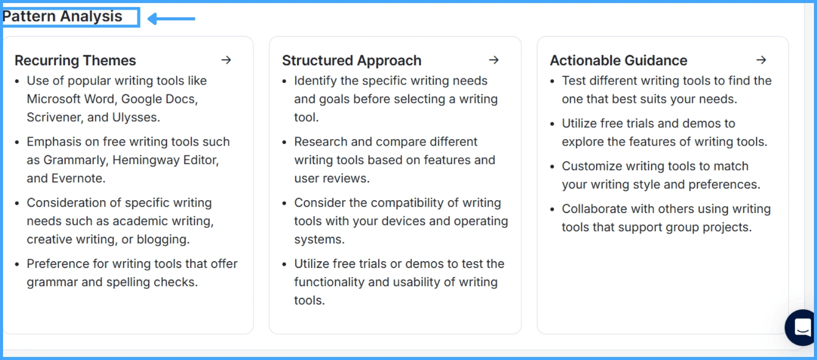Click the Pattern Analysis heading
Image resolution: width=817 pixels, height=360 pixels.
(63, 16)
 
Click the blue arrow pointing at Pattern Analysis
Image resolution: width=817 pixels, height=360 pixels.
(171, 19)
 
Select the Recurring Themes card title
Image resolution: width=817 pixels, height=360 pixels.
(75, 61)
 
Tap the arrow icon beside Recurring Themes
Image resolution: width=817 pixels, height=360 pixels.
(227, 60)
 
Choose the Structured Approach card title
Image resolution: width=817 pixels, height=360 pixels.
(352, 61)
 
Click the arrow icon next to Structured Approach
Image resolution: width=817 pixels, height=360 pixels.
(494, 60)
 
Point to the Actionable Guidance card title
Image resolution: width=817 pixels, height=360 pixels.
(618, 61)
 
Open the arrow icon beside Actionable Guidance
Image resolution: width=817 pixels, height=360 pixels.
(761, 60)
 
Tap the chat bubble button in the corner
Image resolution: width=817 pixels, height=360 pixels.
(802, 327)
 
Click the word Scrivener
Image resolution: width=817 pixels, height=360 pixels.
(55, 118)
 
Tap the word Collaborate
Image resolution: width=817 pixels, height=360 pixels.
(594, 209)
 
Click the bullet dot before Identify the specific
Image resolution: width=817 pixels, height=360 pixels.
(285, 81)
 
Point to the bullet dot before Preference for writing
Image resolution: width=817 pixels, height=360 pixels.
(17, 264)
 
